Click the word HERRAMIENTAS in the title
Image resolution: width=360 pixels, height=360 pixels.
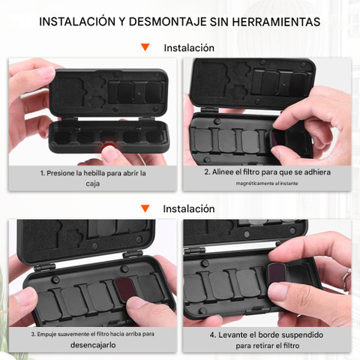276,22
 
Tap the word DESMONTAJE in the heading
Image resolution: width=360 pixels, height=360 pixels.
168,22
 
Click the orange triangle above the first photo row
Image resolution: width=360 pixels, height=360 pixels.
145,47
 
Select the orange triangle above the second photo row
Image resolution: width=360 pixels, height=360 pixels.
145,208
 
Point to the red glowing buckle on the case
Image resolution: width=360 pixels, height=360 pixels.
108,145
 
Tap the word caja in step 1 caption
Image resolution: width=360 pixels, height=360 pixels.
93,184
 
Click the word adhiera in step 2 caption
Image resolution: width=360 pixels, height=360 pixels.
317,172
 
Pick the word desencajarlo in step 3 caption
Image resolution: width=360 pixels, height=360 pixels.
93,345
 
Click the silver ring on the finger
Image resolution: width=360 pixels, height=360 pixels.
346,276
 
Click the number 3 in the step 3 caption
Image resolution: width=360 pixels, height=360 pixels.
33,334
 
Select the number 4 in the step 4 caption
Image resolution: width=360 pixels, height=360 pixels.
212,335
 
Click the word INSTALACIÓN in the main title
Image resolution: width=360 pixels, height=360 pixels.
77,22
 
